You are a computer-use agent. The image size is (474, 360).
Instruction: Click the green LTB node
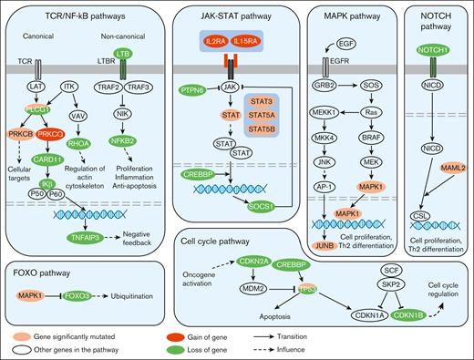pos(123,57)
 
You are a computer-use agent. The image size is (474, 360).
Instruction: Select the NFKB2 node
pos(123,141)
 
